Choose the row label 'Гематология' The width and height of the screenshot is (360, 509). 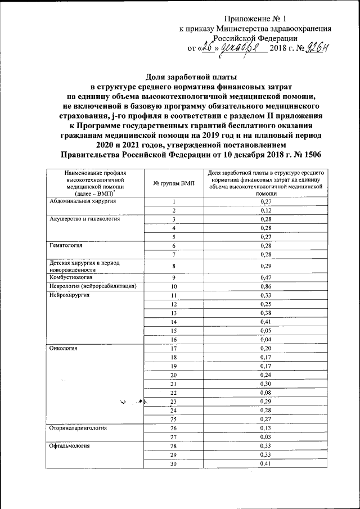point(66,246)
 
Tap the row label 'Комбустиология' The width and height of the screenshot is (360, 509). point(70,277)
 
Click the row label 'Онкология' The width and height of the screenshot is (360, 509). point(62,348)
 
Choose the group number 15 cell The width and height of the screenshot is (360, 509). point(174,331)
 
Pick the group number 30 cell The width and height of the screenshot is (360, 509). point(174,463)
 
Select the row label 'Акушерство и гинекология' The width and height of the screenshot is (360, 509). point(84,219)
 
